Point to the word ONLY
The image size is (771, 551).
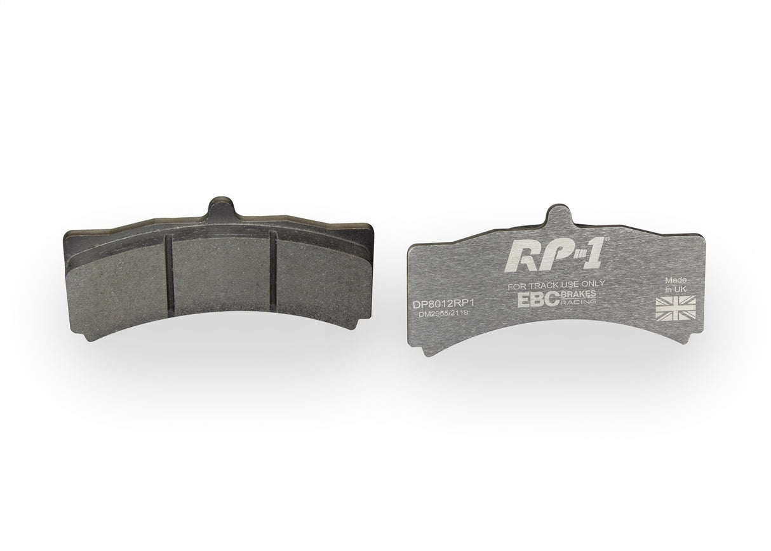point(592,284)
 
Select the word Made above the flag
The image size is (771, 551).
point(675,280)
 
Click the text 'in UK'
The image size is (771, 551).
point(674,289)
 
